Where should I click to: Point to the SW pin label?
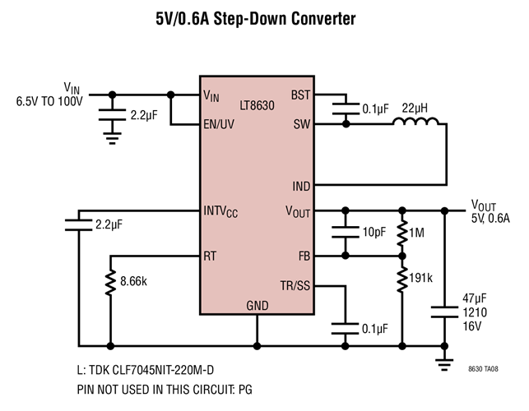[301, 125]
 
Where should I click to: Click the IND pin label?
[300, 187]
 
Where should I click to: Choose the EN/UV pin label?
[219, 126]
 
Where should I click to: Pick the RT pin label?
[210, 256]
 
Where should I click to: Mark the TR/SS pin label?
[295, 286]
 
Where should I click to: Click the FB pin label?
[302, 256]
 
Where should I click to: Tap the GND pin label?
[257, 306]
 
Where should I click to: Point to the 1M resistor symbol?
[402, 233]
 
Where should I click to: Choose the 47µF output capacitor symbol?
[444, 312]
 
